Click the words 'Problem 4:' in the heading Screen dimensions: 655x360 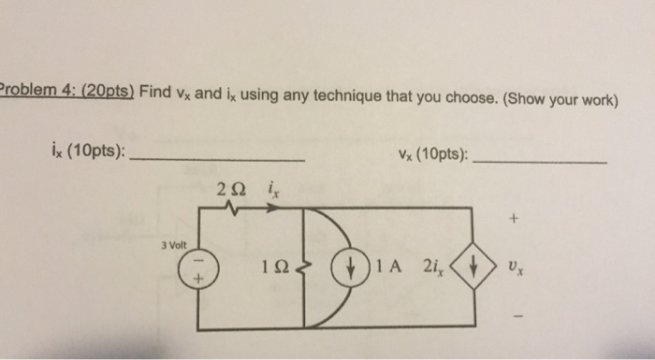[39, 96]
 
